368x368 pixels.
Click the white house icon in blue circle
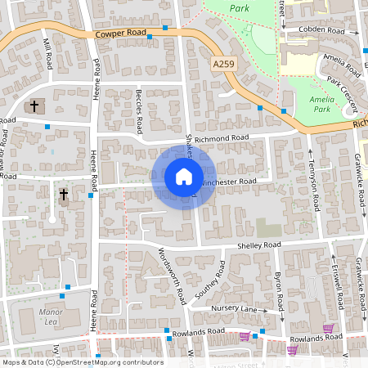(184, 177)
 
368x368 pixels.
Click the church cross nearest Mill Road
(34, 106)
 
